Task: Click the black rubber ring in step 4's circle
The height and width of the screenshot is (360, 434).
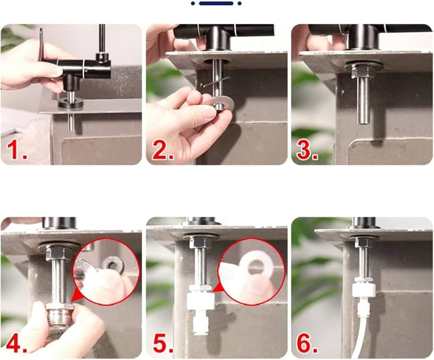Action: (x=113, y=265)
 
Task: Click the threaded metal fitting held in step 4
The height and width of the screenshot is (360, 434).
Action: (x=59, y=315)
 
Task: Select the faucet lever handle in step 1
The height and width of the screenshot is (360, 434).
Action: (x=41, y=44)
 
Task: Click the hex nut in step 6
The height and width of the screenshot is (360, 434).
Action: (x=362, y=242)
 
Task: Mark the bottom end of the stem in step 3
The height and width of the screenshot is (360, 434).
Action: (x=363, y=123)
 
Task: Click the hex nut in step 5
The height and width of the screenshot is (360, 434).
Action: (x=197, y=243)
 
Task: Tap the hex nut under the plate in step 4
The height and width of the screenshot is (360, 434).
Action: (x=56, y=253)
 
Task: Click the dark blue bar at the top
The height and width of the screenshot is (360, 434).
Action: (x=216, y=3)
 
